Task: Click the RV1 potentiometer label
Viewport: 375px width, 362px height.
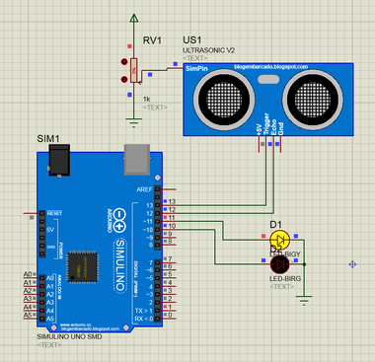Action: click(152, 41)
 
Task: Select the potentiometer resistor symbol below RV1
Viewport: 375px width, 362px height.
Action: click(133, 70)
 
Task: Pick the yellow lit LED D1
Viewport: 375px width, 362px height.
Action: click(279, 240)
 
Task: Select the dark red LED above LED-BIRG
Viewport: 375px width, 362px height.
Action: click(279, 264)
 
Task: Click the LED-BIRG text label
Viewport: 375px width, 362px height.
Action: click(284, 278)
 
